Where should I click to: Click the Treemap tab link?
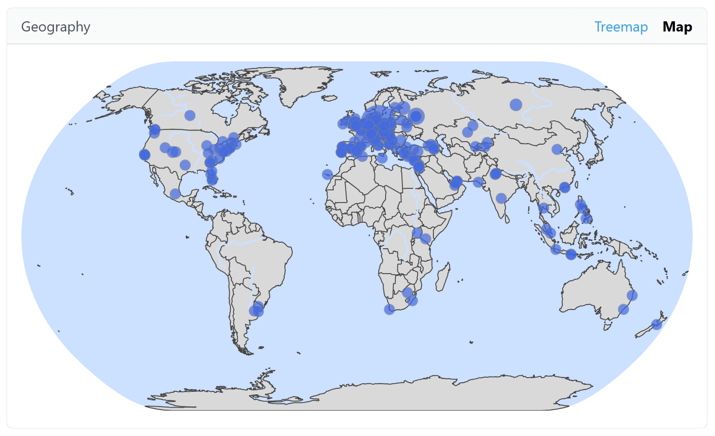(621, 27)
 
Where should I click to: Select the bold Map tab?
(677, 27)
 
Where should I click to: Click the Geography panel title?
(56, 27)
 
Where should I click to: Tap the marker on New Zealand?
(657, 324)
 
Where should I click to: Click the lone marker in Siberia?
(516, 105)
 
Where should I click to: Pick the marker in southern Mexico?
(175, 193)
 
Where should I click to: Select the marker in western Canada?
(190, 115)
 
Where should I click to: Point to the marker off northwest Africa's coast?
(327, 174)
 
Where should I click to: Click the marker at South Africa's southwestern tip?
(389, 310)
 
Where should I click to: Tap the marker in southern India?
(501, 198)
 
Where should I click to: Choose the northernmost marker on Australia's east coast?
(632, 295)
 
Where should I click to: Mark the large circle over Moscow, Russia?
(416, 116)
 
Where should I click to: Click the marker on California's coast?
(145, 155)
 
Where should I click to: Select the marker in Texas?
(185, 165)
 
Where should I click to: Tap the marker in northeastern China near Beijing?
(557, 149)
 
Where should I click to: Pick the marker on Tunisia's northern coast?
(382, 158)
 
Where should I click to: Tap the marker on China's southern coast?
(564, 187)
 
